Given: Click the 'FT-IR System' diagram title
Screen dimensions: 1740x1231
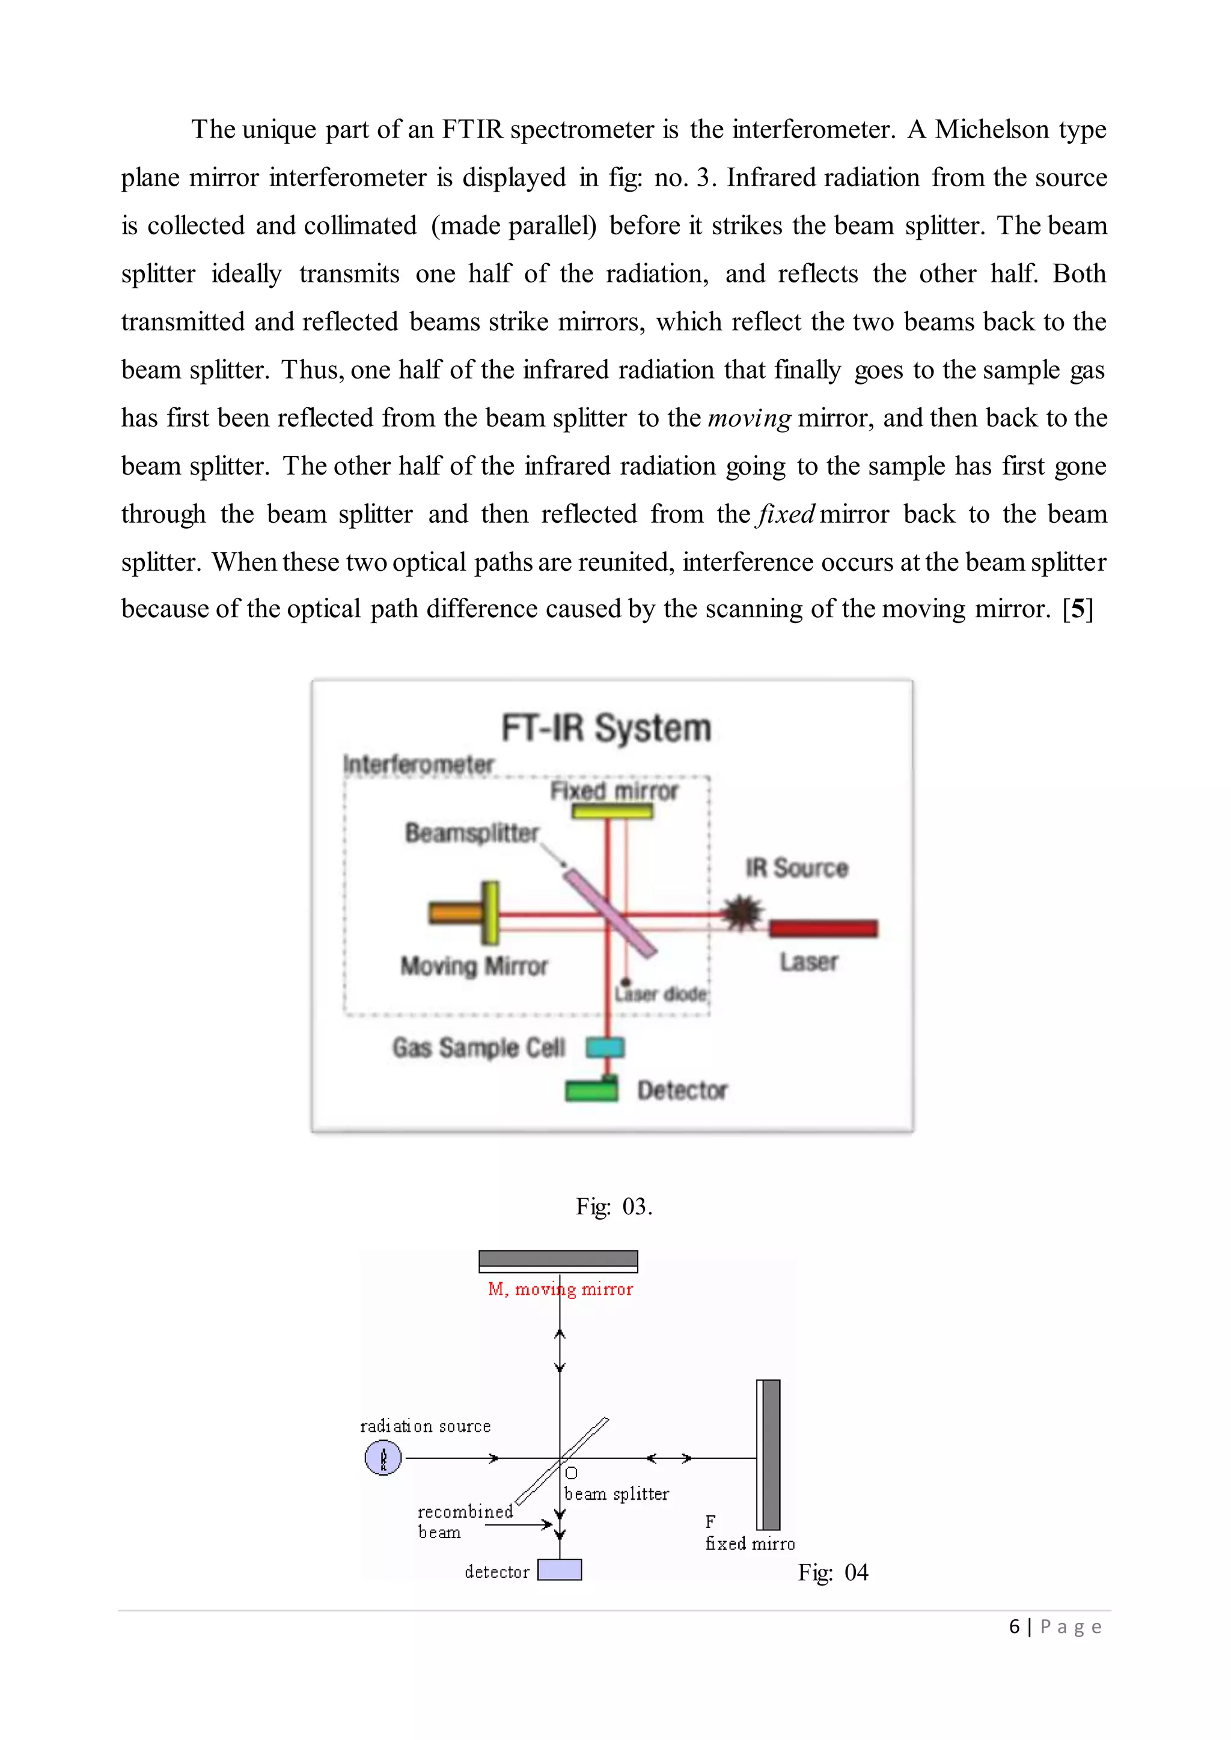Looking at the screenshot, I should click(x=606, y=728).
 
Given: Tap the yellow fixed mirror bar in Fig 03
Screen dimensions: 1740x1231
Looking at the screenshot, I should click(x=612, y=812).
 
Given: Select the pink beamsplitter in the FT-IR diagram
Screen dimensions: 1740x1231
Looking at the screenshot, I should click(x=609, y=913).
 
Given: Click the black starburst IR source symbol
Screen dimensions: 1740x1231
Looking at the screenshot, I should click(x=742, y=913).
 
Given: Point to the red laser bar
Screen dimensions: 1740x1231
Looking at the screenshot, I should click(x=823, y=928).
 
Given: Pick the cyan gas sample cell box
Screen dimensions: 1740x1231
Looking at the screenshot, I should click(x=605, y=1047).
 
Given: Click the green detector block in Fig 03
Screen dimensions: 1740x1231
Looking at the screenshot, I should click(x=591, y=1090).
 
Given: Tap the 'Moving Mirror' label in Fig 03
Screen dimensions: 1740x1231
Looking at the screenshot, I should click(x=474, y=966).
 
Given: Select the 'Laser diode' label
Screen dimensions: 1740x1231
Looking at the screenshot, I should click(x=661, y=994).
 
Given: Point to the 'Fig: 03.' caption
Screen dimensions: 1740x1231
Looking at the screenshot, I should click(x=614, y=1206).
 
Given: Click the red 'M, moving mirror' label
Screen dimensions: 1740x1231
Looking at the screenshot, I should click(x=560, y=1289).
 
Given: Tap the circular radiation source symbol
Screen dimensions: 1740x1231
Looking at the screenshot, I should click(x=383, y=1458).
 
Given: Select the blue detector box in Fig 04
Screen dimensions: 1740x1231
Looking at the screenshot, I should click(x=560, y=1569).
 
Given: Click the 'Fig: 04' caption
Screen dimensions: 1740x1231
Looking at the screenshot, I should click(x=833, y=1572).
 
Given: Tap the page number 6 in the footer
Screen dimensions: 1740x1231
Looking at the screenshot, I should click(x=1014, y=1626).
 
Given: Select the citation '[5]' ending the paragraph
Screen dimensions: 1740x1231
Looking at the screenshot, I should click(x=1078, y=609).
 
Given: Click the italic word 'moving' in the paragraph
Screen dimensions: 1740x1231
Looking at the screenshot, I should click(x=749, y=418).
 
